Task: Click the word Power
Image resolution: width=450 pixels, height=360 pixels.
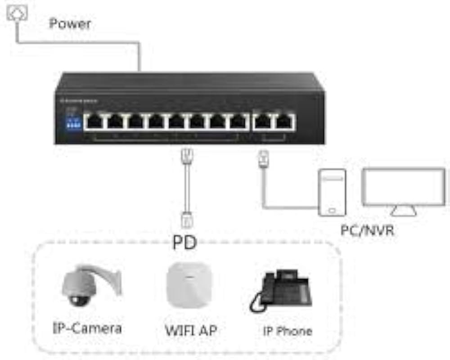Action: [x=70, y=23]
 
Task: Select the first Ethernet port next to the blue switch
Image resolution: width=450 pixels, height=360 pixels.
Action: [x=95, y=121]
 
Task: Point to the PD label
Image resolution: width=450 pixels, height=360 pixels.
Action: [x=184, y=243]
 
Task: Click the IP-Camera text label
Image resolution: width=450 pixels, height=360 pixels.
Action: [x=87, y=327]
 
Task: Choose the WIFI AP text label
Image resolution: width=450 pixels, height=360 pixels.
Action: [x=191, y=330]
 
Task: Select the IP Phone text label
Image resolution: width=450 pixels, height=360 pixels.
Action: [x=287, y=331]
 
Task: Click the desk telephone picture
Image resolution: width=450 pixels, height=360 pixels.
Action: [x=281, y=290]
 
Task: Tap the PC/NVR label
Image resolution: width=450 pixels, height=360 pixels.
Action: [x=367, y=231]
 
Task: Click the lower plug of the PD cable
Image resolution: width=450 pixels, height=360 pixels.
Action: [x=186, y=220]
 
